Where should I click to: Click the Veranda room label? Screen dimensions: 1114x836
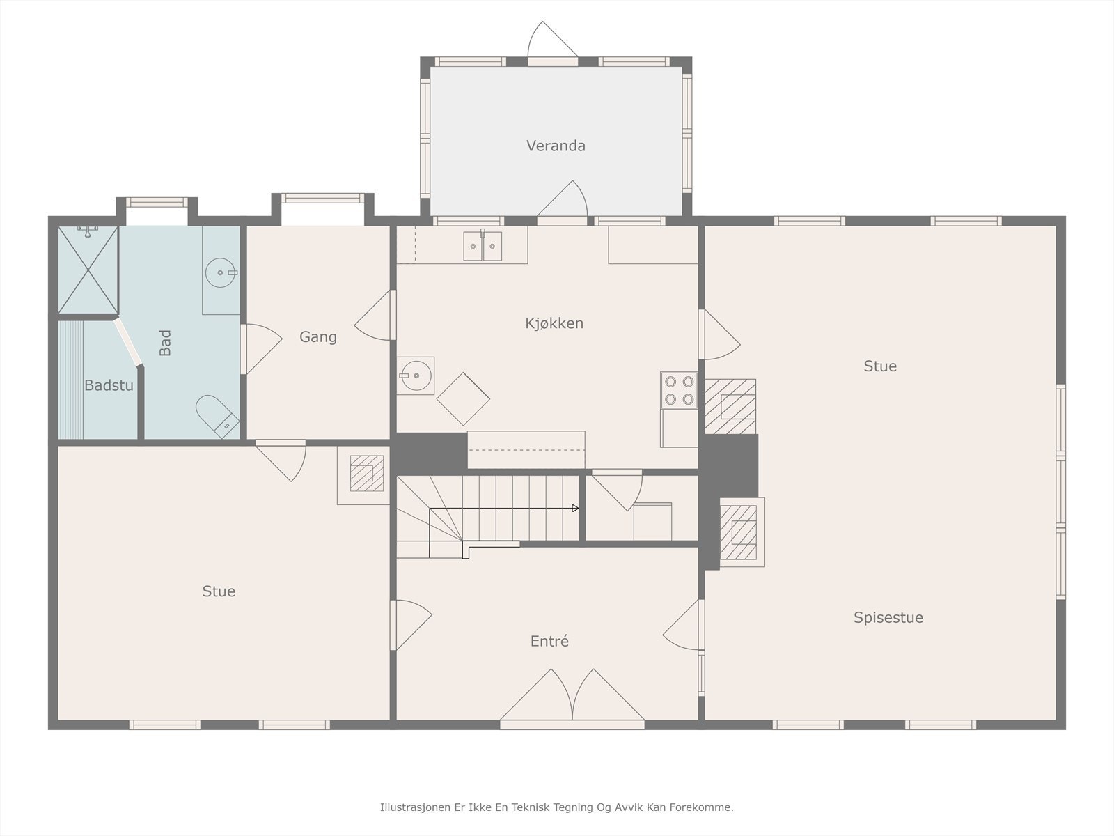point(556,146)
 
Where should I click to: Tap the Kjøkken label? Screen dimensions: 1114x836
point(554,323)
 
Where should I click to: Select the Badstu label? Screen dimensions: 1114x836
point(109,386)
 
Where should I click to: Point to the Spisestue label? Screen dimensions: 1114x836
point(888,618)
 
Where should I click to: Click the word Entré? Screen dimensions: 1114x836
point(549,641)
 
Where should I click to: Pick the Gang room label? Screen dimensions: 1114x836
point(318,337)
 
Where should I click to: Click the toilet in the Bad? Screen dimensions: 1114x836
point(217,416)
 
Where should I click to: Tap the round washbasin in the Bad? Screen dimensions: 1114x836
point(221,272)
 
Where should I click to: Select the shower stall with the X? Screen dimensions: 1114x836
point(88,270)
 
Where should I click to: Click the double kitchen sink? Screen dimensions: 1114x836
point(483,246)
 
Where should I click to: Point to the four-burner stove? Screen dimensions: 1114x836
point(679,390)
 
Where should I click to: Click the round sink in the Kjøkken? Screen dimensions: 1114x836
point(415,376)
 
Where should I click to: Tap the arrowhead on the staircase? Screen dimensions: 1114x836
point(576,508)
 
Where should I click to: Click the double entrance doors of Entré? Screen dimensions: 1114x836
point(572,697)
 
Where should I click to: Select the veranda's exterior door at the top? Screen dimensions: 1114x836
point(553,43)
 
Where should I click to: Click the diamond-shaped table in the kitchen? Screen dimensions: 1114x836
point(464,399)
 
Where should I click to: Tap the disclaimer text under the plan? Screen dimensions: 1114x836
point(557,807)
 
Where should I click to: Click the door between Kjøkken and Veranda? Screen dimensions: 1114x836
point(563,202)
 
